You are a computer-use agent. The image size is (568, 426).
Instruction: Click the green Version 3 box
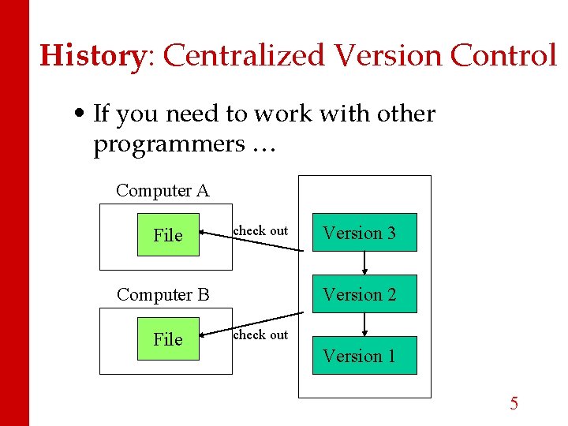(364, 233)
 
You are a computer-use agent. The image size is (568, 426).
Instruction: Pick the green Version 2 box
(364, 294)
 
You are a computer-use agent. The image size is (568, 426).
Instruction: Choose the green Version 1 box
(364, 356)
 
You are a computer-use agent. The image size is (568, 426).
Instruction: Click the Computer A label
(163, 190)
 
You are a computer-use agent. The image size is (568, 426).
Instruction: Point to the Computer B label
(163, 295)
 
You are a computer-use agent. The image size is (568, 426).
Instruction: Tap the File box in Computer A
(168, 235)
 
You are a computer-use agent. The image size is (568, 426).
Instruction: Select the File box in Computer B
(168, 339)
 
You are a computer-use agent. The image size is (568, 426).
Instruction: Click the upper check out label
(260, 230)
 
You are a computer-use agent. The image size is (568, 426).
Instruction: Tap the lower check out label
(260, 334)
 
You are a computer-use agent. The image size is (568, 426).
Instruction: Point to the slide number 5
(514, 404)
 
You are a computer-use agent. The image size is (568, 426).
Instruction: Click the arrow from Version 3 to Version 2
(364, 263)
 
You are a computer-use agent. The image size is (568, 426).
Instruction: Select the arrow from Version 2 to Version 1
(364, 325)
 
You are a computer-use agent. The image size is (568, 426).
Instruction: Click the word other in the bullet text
(405, 114)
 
